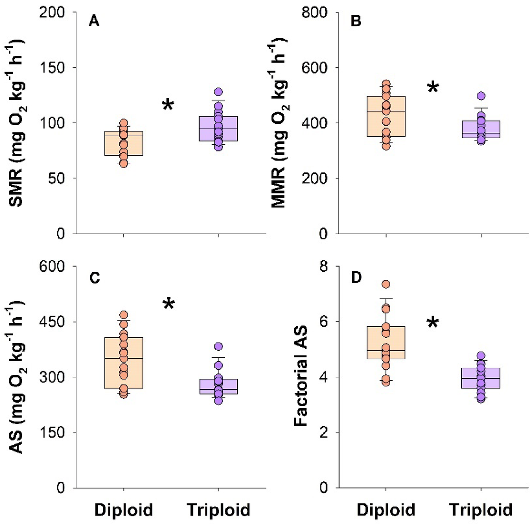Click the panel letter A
pos(94,22)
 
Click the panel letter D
pos(356,278)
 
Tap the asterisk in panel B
pos(433,87)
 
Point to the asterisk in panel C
pos(169,304)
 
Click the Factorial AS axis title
pos(300,377)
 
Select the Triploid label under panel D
pos(480,510)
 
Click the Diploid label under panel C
pos(124,510)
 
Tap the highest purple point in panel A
pos(219,92)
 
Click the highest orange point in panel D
pos(386,285)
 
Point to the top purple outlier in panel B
pos(481,96)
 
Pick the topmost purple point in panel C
pos(219,346)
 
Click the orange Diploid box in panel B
pos(386,117)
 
